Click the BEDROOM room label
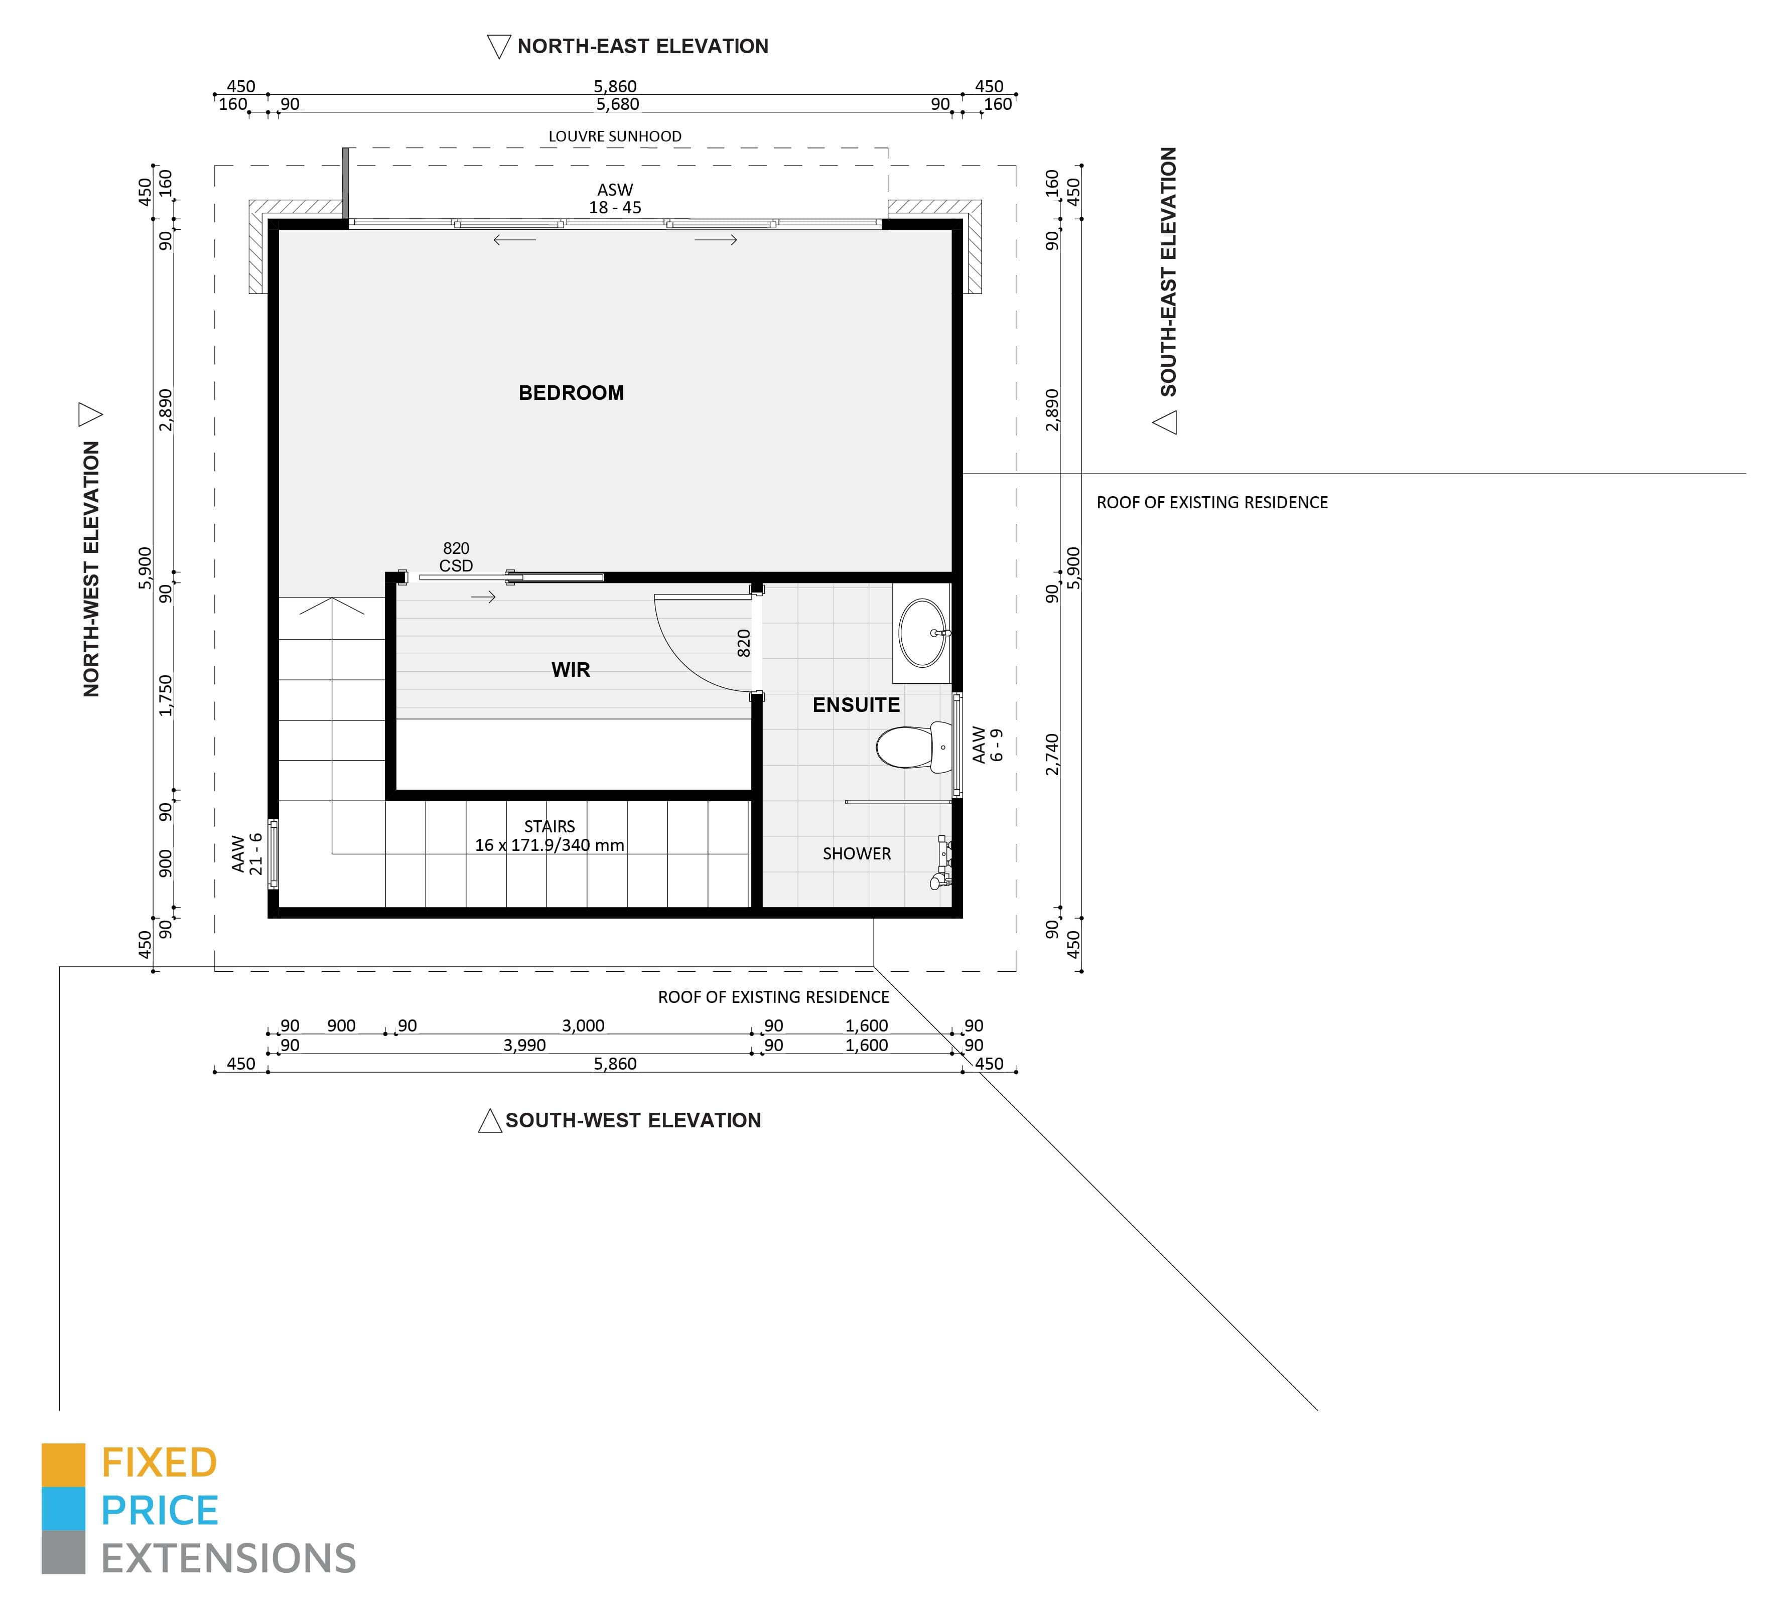coord(571,393)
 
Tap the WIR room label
coord(571,670)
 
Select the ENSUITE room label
coord(856,705)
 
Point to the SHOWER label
coord(857,853)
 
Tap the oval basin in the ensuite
coord(923,633)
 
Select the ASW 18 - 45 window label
coord(615,199)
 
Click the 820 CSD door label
coord(456,557)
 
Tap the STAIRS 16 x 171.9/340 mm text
coord(550,836)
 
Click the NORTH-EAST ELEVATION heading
coord(642,47)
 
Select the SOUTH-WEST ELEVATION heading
coord(633,1120)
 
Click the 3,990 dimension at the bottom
coord(525,1045)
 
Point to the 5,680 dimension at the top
coord(618,104)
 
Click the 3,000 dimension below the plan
coord(584,1025)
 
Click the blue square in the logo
coord(63,1509)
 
